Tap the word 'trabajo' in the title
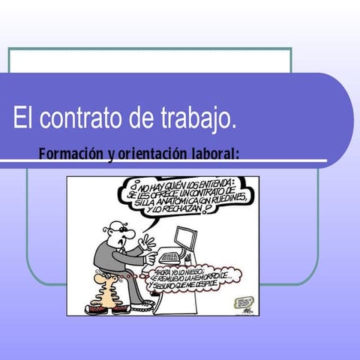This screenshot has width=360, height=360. pyautogui.click(x=197, y=118)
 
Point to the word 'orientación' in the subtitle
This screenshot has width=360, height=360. pyautogui.click(x=148, y=154)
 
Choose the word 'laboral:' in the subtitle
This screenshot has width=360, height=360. pyautogui.click(x=214, y=154)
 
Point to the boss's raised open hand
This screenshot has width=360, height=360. pyautogui.click(x=147, y=243)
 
